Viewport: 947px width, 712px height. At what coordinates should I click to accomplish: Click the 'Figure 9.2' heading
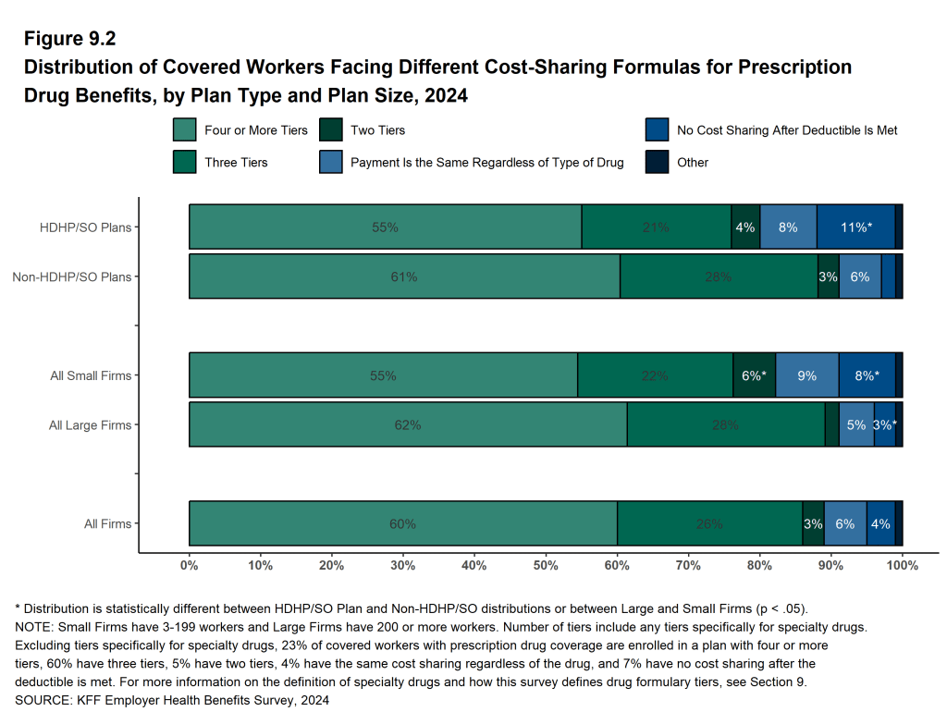(x=69, y=39)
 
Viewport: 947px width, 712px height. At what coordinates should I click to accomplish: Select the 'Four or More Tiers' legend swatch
(x=184, y=130)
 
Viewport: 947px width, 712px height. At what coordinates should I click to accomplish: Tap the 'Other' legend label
(x=692, y=163)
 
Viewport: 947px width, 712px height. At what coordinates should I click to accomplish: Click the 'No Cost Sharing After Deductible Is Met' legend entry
(x=786, y=130)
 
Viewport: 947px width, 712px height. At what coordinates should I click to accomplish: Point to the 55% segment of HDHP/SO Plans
(x=385, y=227)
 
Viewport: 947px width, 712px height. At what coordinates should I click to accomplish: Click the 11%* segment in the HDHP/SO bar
(x=855, y=227)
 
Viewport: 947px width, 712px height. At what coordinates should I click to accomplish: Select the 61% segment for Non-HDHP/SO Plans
(x=404, y=276)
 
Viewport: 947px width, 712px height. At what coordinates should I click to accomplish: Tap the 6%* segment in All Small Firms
(x=754, y=375)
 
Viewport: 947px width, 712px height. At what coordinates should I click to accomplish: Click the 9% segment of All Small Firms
(x=806, y=375)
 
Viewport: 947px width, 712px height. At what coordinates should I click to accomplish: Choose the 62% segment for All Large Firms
(x=408, y=425)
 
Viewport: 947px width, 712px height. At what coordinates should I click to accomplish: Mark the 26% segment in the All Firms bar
(x=709, y=523)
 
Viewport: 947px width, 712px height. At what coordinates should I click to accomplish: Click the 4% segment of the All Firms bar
(x=880, y=523)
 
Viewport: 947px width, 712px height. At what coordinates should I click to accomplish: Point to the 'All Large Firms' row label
(x=90, y=425)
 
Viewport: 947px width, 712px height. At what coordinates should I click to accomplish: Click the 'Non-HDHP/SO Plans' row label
(x=71, y=276)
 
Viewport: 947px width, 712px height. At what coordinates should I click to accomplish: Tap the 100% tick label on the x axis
(x=902, y=565)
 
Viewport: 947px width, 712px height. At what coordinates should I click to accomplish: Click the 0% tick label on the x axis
(x=190, y=565)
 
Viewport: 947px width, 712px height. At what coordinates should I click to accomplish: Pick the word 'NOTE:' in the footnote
(x=35, y=627)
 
